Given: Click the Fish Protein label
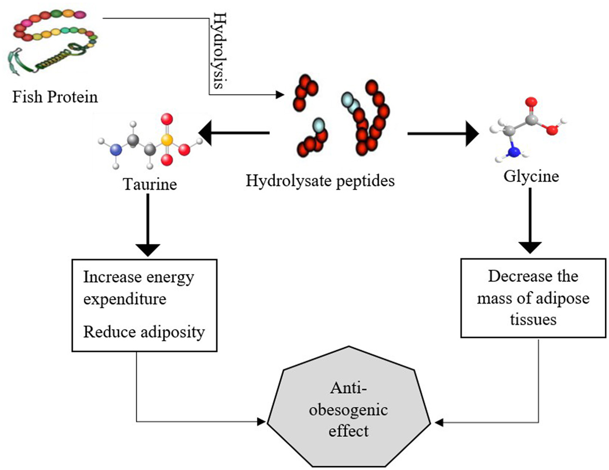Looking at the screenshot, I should (x=55, y=97).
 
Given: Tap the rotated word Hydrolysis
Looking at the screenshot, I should (x=219, y=50).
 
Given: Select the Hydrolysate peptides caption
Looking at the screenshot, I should (x=320, y=181).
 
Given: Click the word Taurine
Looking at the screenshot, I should (x=150, y=184).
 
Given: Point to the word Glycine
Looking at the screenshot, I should (x=531, y=176).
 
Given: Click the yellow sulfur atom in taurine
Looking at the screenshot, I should (x=167, y=139).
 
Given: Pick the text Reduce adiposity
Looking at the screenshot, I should (x=144, y=332).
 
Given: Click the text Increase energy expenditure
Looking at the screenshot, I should (x=138, y=288).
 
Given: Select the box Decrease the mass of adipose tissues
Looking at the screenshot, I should (x=533, y=298).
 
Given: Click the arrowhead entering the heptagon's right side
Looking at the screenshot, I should (x=438, y=422).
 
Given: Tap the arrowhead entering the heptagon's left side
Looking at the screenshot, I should (x=261, y=421).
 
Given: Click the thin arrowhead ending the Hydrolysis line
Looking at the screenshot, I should (x=280, y=95).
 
